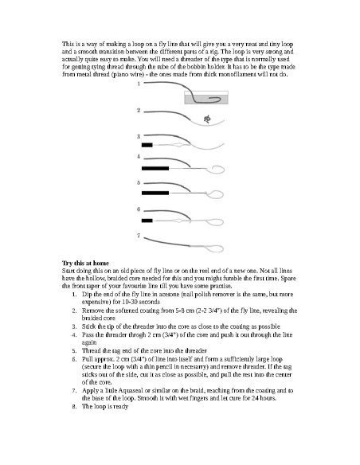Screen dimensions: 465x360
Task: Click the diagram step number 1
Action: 139,84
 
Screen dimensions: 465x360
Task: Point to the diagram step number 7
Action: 139,235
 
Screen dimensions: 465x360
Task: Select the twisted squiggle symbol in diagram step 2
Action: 208,119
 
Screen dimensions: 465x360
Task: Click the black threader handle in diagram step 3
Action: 147,146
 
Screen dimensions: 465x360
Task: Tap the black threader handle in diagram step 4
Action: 155,169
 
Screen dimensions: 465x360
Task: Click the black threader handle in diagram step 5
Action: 155,193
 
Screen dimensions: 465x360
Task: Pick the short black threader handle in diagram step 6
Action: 147,219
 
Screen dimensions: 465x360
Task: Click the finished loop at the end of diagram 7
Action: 217,245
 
